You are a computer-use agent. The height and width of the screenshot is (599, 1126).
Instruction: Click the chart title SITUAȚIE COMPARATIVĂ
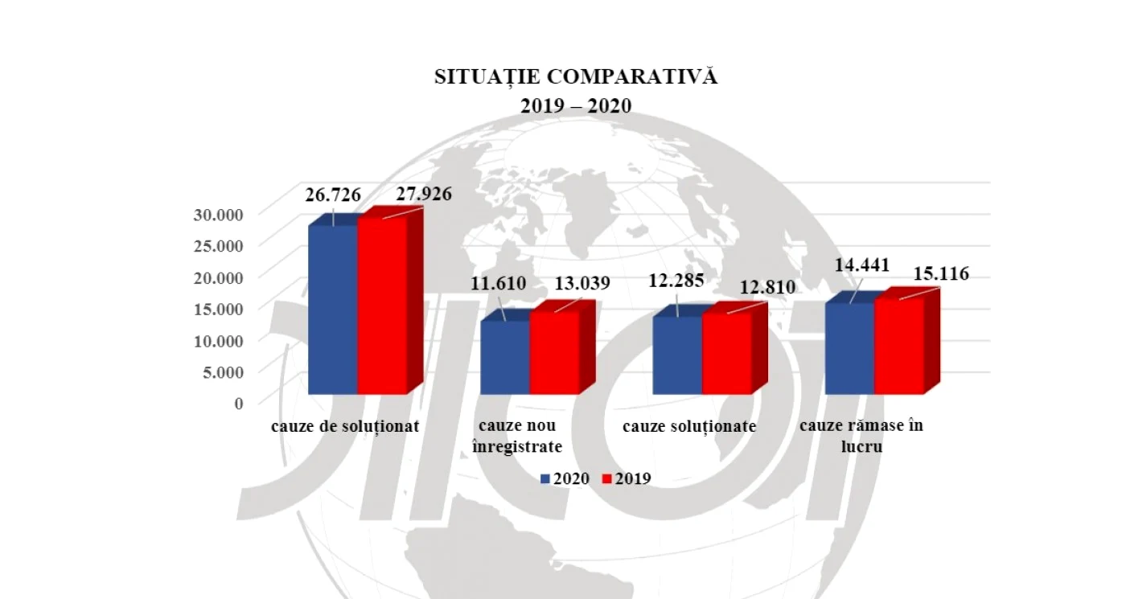(576, 77)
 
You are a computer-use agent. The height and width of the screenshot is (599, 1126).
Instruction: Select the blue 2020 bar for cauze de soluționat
(333, 310)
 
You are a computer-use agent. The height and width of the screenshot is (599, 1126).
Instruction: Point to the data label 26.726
(333, 195)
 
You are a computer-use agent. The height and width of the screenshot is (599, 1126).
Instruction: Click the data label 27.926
(424, 194)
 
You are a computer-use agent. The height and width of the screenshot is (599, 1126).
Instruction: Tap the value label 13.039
(582, 283)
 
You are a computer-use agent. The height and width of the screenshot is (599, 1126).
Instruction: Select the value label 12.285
(676, 281)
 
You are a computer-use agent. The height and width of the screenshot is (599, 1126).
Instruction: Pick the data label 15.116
(941, 274)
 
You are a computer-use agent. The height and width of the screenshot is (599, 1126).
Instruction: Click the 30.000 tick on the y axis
(218, 215)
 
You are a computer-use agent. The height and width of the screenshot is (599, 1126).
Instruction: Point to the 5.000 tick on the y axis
(223, 372)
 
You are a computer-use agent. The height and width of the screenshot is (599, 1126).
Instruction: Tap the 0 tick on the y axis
(239, 404)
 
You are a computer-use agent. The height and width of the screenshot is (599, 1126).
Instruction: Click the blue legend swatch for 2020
(545, 479)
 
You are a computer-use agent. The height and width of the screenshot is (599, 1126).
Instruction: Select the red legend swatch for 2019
(606, 479)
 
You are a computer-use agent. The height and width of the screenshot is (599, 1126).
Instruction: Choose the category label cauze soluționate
(689, 427)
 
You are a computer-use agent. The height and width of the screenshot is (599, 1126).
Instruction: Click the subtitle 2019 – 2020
(576, 106)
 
